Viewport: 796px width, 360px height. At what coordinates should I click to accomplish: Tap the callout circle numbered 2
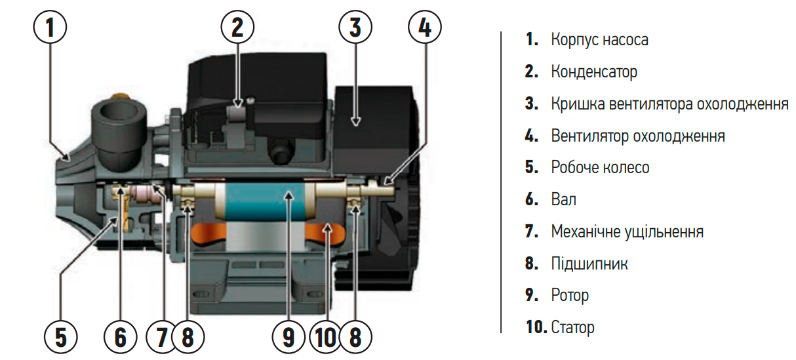click(x=237, y=28)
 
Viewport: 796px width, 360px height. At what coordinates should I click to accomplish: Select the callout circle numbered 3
click(x=355, y=28)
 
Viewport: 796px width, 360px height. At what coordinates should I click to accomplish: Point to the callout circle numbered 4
click(x=424, y=28)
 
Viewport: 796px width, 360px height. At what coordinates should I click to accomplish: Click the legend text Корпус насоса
click(x=599, y=39)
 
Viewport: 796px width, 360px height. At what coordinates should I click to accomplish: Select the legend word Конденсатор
click(x=594, y=71)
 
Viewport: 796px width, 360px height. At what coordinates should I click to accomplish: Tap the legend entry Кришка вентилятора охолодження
click(x=669, y=104)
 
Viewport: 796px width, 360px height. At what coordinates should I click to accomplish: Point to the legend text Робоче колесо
click(x=600, y=167)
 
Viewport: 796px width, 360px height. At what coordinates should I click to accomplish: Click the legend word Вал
click(x=564, y=199)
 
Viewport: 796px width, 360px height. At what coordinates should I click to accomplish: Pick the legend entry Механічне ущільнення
click(x=627, y=231)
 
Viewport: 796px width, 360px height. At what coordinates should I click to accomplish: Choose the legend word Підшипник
click(x=589, y=264)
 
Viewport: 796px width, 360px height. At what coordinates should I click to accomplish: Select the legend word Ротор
click(x=570, y=296)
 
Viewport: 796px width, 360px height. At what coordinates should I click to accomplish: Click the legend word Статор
click(x=573, y=327)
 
